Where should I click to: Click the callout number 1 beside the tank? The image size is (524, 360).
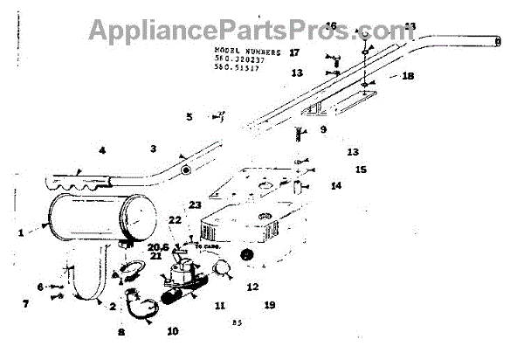(x=20, y=232)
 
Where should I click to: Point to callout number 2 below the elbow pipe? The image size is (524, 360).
(x=112, y=307)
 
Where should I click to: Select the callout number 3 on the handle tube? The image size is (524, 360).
(x=153, y=149)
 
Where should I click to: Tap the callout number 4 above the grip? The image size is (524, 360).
(x=101, y=150)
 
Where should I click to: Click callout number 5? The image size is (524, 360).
(x=189, y=116)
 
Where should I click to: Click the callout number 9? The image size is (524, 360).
(x=323, y=129)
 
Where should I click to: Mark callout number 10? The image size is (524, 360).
(x=173, y=331)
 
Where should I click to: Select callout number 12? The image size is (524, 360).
(x=252, y=287)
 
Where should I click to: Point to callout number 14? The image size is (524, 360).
(x=336, y=186)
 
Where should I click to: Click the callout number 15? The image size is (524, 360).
(x=361, y=169)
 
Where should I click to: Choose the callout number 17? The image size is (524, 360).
(x=294, y=52)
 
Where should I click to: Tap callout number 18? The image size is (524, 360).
(x=408, y=76)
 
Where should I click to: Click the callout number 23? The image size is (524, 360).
(x=194, y=205)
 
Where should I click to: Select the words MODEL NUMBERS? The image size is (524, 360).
(x=247, y=52)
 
